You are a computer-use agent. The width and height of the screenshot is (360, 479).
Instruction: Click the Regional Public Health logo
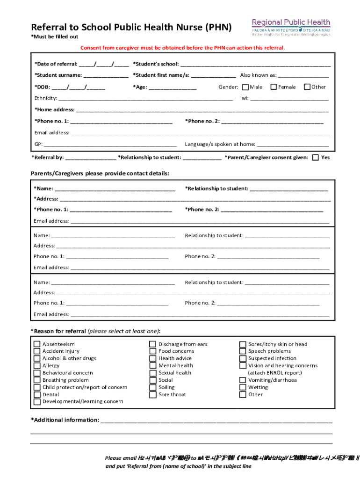[291, 28]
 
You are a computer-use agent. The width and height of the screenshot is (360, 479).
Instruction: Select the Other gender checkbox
[307, 87]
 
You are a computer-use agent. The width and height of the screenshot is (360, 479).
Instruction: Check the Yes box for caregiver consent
[316, 158]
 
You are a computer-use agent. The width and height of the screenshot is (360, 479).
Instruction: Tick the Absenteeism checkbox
[36, 344]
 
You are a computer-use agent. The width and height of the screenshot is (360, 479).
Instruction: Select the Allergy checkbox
[36, 366]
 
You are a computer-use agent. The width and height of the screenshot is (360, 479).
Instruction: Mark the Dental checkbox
[36, 395]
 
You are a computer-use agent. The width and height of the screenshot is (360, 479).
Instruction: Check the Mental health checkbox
[152, 366]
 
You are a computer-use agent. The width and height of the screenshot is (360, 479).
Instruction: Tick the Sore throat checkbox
[152, 395]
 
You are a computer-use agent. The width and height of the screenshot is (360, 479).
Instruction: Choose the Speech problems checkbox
[243, 351]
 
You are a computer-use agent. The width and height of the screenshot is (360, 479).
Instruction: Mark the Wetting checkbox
[243, 387]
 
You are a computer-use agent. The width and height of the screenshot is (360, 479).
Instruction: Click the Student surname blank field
[106, 75]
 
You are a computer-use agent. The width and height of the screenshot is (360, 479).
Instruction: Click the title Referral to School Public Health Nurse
[131, 27]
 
